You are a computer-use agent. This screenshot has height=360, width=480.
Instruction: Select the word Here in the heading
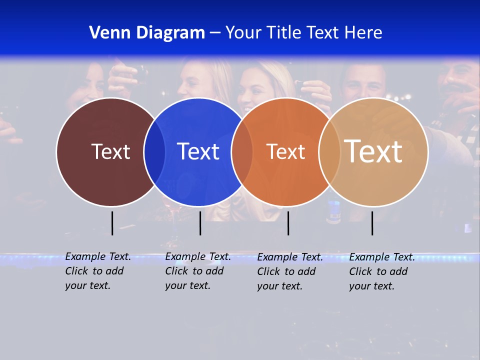tap(363, 33)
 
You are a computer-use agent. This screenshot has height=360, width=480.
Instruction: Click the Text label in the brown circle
tap(110, 151)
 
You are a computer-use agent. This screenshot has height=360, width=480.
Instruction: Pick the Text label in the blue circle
tap(198, 151)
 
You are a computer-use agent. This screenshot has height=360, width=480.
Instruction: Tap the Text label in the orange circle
tap(285, 151)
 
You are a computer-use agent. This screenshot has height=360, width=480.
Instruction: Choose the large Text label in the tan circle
tap(373, 151)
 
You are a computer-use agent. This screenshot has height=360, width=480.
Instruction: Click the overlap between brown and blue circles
tap(154, 152)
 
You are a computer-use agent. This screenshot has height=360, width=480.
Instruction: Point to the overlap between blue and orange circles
tap(242, 152)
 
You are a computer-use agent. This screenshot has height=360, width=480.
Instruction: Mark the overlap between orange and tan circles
tap(329, 152)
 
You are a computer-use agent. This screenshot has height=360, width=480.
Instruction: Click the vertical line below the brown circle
tap(112, 223)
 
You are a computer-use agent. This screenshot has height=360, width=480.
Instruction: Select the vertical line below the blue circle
tap(200, 223)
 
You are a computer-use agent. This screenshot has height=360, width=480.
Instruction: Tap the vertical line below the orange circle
tap(288, 223)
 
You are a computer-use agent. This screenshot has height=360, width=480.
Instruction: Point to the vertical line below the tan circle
tap(372, 223)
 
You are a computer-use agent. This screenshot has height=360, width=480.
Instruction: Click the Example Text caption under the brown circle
tap(97, 271)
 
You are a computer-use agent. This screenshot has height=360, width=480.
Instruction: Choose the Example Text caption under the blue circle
tap(197, 271)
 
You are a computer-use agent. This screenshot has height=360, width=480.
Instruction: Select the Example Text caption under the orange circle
tap(289, 271)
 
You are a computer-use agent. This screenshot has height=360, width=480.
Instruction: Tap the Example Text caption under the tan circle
tap(381, 271)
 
